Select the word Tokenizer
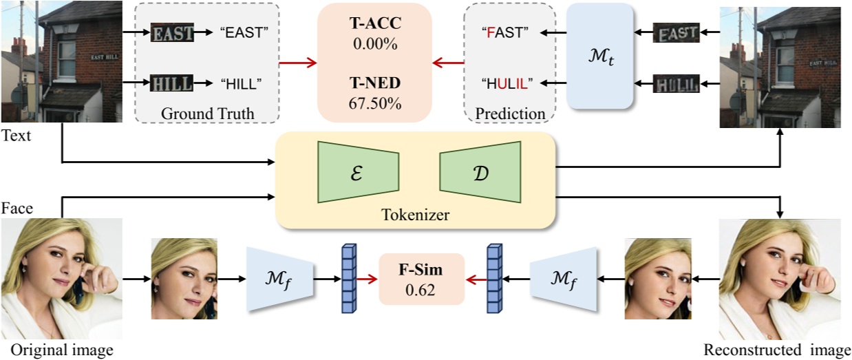click(415, 215)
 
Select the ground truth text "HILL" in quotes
click(241, 85)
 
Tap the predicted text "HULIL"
click(505, 83)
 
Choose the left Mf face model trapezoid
click(279, 278)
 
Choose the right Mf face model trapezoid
click(564, 278)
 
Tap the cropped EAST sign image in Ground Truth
click(173, 32)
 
